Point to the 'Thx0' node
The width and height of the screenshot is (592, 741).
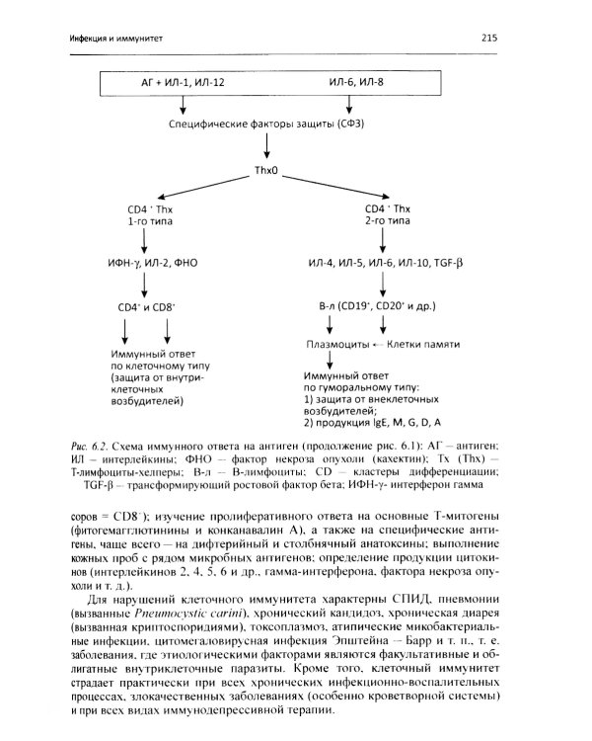267,170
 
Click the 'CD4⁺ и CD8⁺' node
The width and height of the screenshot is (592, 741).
147,307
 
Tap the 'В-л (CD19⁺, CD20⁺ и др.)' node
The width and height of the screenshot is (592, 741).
379,307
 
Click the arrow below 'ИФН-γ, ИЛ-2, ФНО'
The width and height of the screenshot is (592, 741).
146,285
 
